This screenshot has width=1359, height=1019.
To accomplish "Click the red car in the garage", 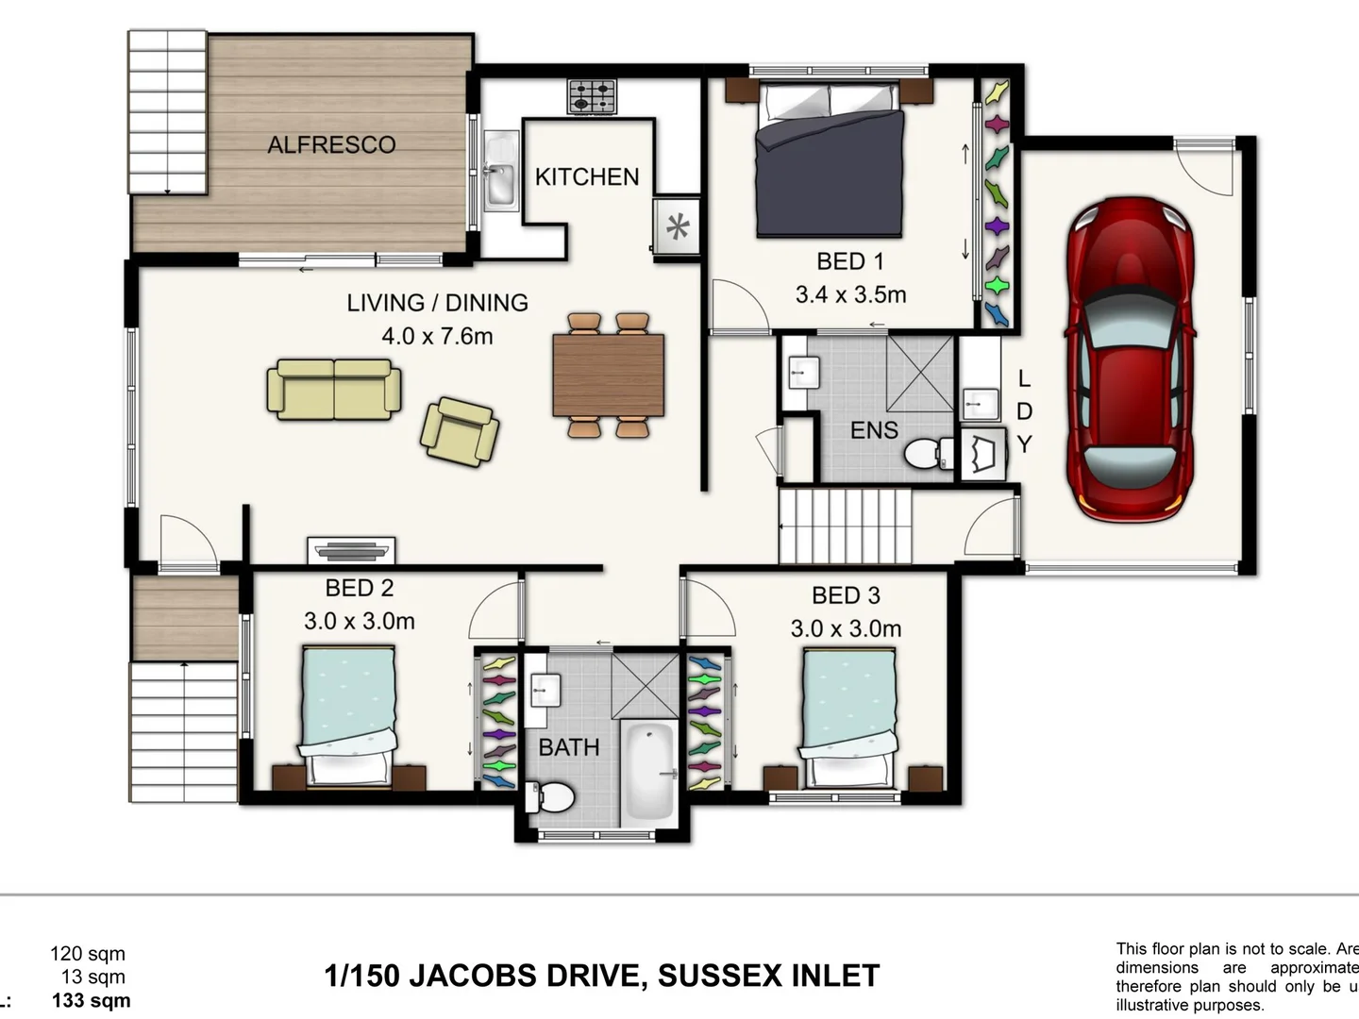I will pos(1130,359).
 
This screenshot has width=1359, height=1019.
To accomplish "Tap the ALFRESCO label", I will pos(331,145).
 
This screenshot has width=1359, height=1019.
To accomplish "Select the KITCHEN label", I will pos(586,177).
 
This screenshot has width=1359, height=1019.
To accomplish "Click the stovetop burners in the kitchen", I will pos(592,95).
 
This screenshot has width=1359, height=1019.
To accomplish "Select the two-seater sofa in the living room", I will pos(334,389).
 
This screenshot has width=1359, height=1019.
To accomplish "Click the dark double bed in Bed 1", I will pos(830,160).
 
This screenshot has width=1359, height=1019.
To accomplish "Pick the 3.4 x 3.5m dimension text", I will pos(850,295).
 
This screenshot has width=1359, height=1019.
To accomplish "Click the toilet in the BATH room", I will pos(552,797).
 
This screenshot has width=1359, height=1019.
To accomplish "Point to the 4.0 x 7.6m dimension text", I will pos(437,337).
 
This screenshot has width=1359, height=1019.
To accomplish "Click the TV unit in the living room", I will pos(351,550).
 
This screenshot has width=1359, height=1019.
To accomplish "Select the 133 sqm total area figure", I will pos(91,1001).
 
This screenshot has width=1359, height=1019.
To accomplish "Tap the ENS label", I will pos(874,431).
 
